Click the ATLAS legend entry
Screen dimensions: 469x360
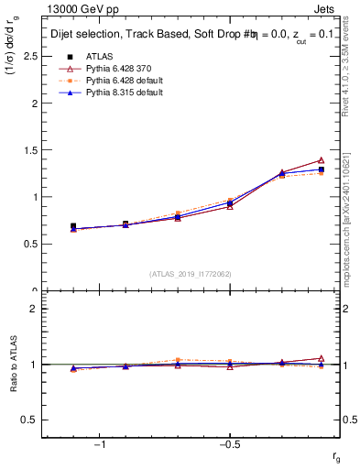[97, 56]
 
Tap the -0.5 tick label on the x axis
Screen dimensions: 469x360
[228, 444]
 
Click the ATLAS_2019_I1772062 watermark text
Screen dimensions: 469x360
[191, 274]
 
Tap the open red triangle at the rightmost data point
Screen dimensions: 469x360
[321, 160]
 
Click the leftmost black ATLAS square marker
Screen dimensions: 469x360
[73, 226]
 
